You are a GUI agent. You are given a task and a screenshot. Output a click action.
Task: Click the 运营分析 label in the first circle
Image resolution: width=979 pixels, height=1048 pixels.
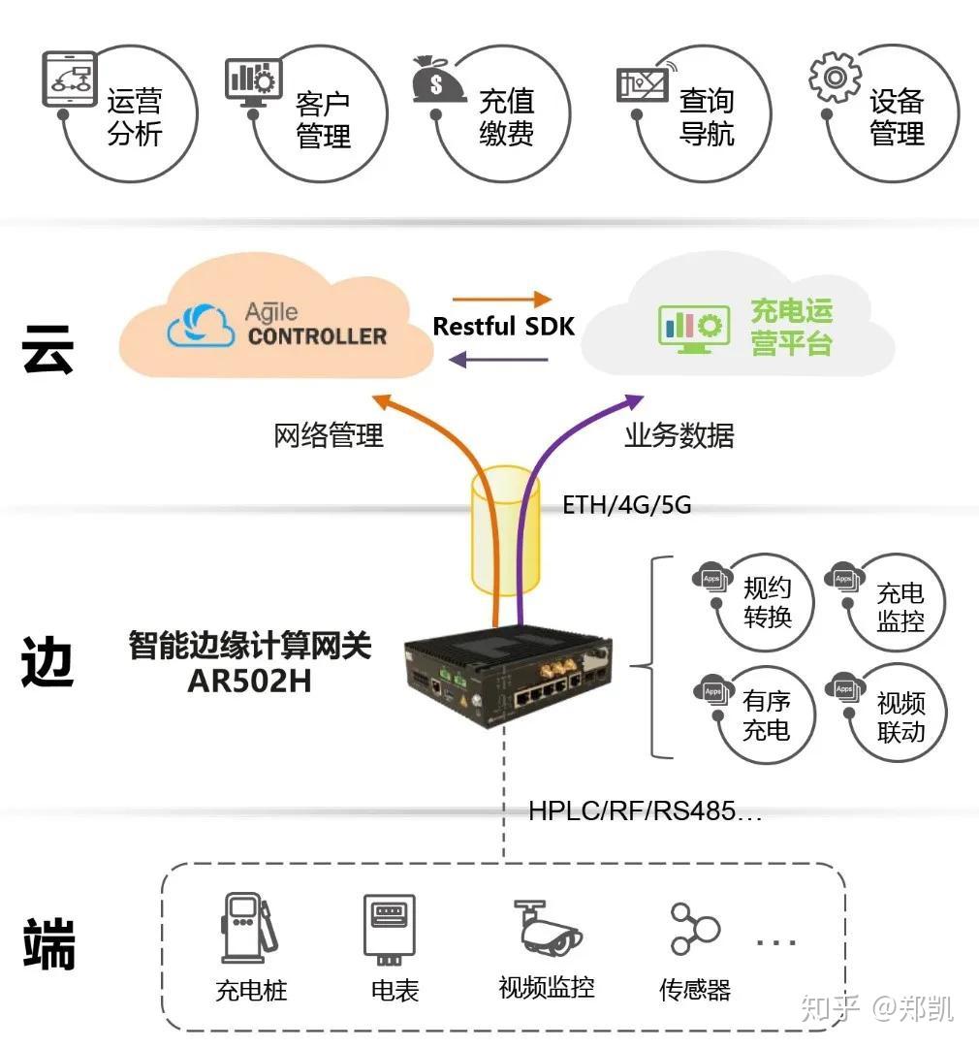pos(135,117)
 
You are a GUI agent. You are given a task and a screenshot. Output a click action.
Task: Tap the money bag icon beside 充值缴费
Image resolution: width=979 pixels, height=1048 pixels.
pos(439,79)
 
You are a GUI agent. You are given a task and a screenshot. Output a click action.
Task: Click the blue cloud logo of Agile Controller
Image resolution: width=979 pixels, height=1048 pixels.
pos(201,327)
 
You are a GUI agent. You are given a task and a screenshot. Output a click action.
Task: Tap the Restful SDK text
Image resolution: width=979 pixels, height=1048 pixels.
pos(503,327)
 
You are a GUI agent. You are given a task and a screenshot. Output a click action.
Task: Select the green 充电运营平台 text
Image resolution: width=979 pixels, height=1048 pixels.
pos(791,327)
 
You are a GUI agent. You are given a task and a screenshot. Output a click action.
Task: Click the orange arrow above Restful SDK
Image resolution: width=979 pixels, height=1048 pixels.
pos(501,300)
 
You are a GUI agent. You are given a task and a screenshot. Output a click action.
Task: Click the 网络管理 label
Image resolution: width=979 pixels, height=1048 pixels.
pos(329,435)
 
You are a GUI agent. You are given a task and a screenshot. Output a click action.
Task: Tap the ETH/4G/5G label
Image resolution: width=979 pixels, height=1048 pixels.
pos(626,505)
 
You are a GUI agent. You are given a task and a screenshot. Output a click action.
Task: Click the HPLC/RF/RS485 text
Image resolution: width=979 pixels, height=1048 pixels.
pos(645,810)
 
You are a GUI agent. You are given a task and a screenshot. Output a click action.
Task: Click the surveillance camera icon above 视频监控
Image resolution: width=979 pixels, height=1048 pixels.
pos(547,927)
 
